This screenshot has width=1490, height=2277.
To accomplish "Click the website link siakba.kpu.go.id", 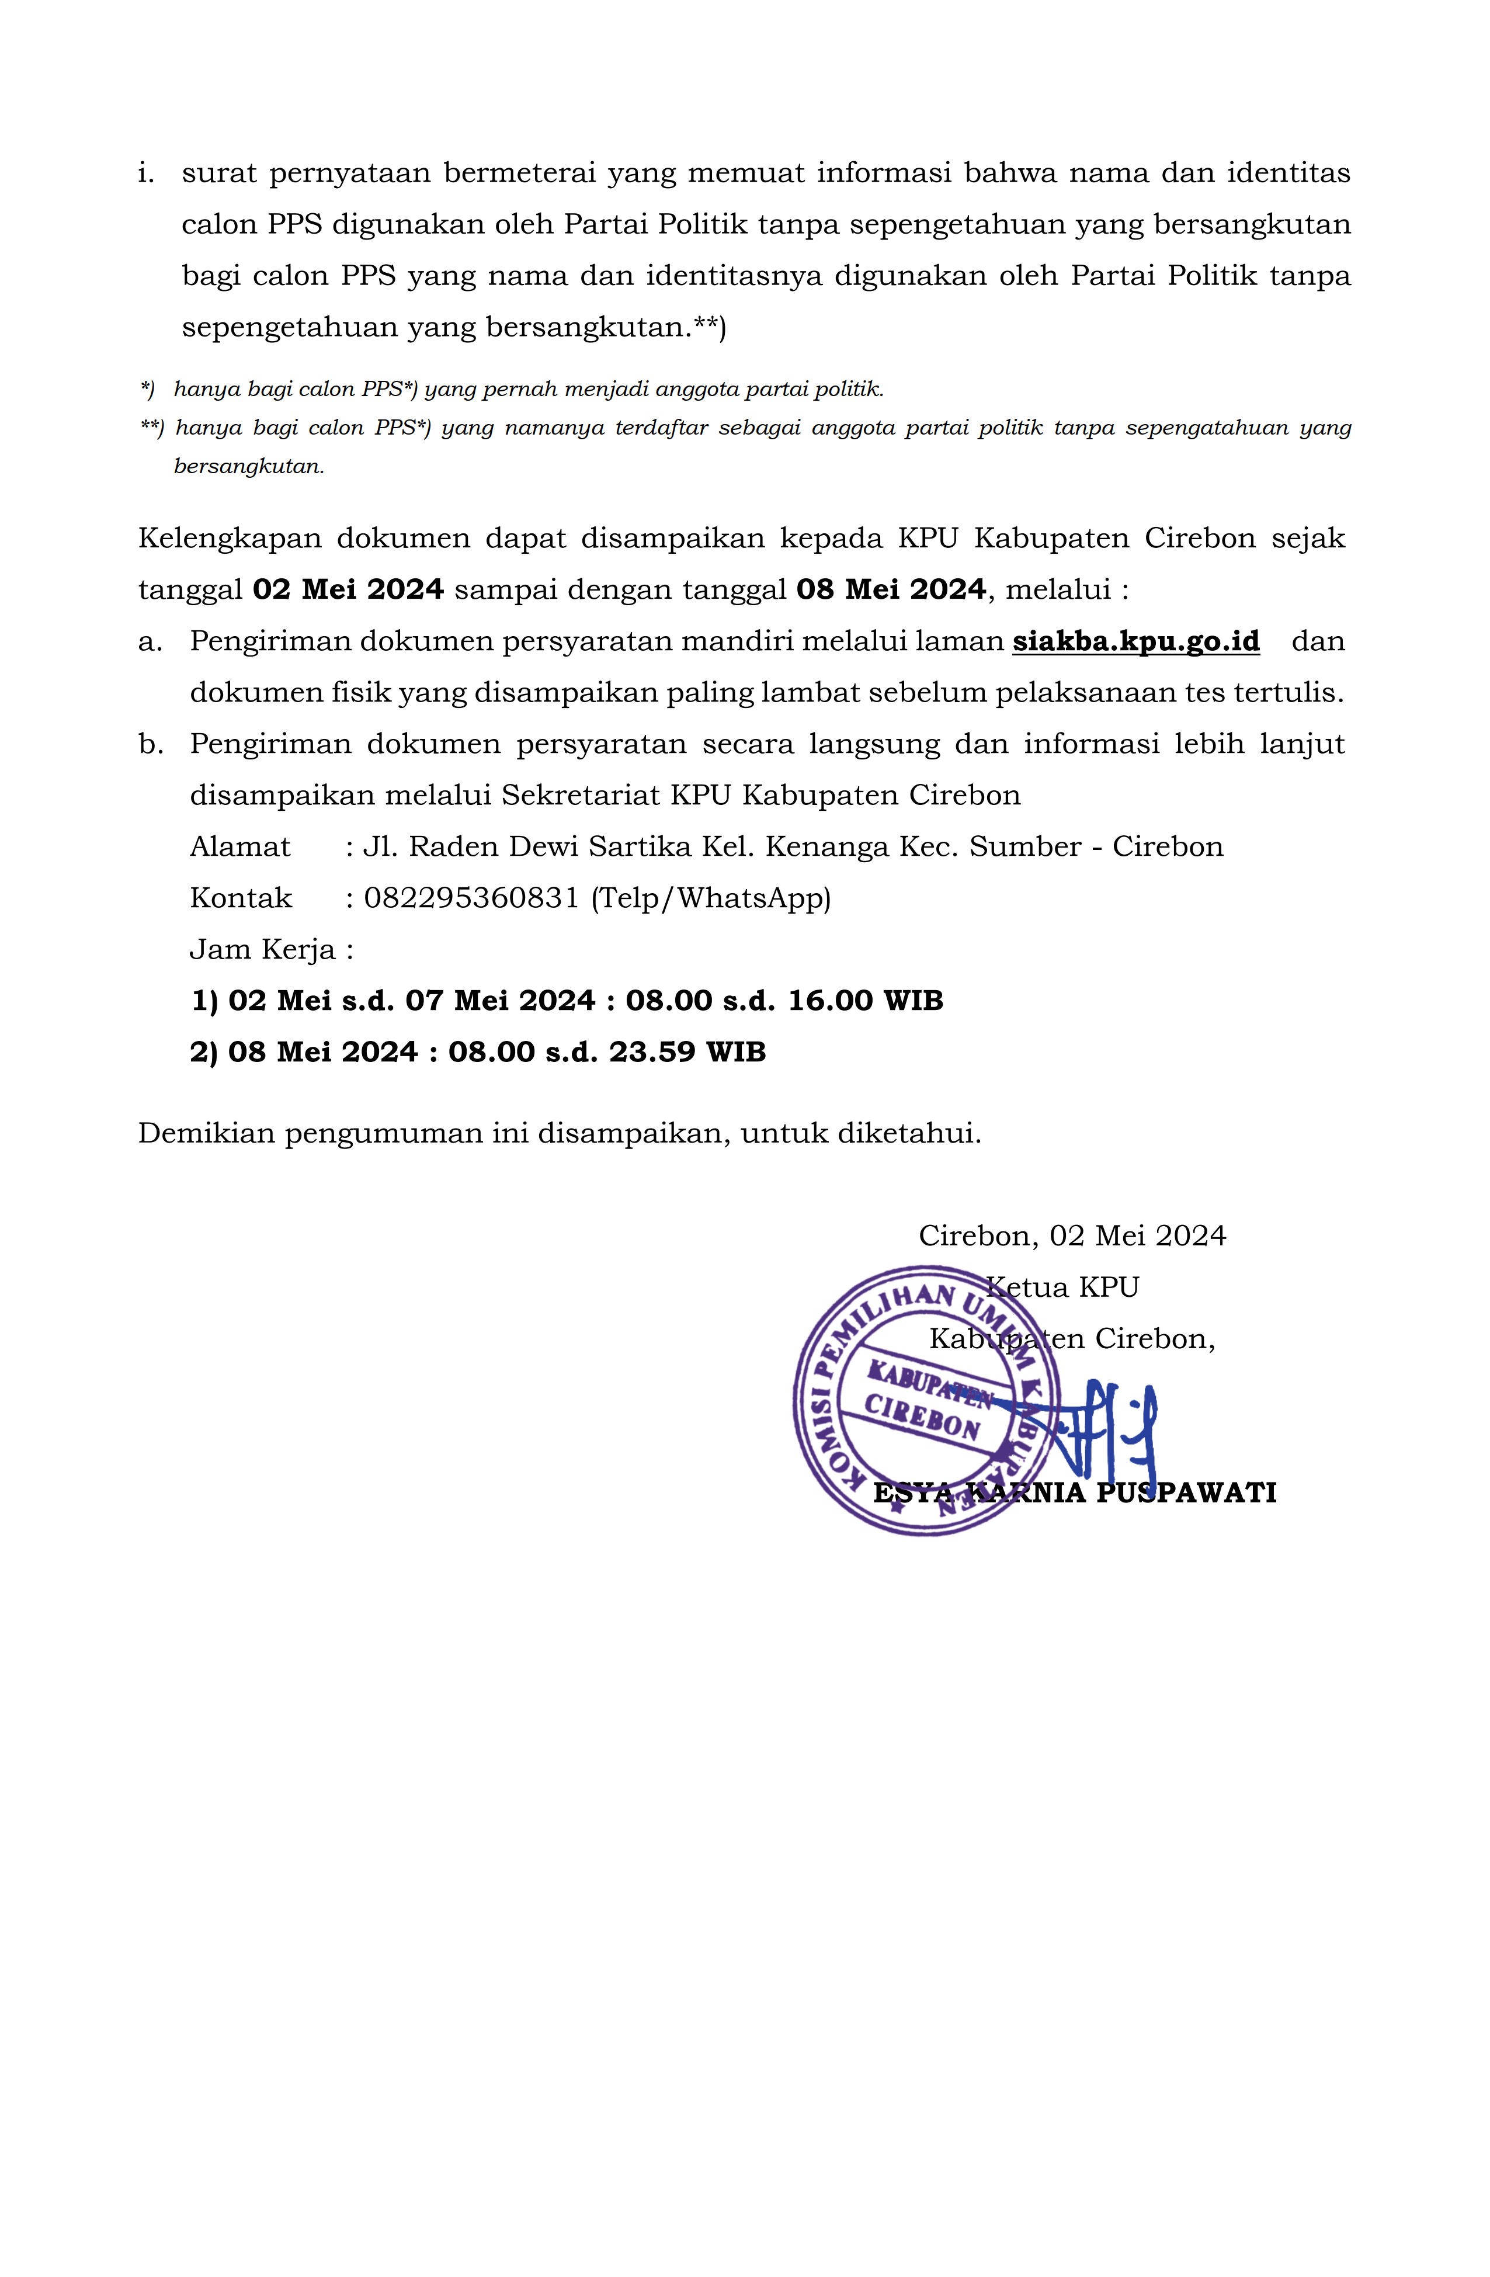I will coord(1135,641).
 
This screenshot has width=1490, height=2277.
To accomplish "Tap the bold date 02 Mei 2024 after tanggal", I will coord(348,589).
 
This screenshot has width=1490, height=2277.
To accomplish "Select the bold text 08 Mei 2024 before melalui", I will coord(890,589).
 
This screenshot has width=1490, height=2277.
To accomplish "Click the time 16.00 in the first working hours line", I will coord(830,1001).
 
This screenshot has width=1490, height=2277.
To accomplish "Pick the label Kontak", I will coord(240,898).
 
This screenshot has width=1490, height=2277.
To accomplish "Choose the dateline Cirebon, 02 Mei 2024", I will coord(1072,1236).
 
